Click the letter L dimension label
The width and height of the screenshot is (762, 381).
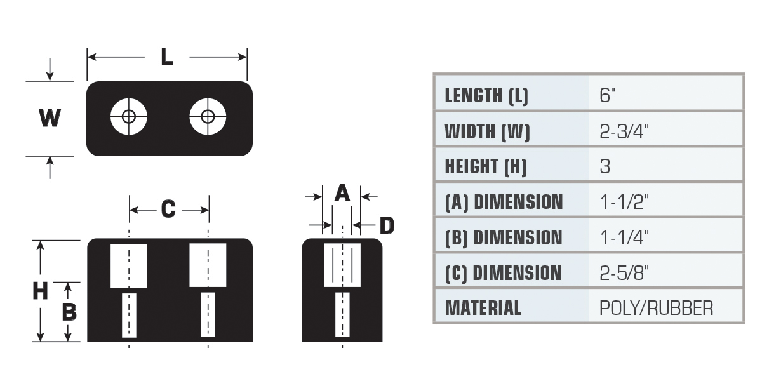coord(167,57)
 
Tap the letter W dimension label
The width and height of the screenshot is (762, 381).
coord(50,117)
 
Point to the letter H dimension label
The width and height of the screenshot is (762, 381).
coord(40,291)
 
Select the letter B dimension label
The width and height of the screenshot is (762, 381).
coord(69,312)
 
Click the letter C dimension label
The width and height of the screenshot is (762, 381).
coord(168,208)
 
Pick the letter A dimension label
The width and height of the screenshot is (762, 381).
coord(342,192)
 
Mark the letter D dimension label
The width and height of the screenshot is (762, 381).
coord(387,225)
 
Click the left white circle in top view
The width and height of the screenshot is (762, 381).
coord(128,117)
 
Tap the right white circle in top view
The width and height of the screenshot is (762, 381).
coord(208,117)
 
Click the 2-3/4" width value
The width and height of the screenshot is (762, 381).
coord(624,131)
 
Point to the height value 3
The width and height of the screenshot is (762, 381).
coord(605,166)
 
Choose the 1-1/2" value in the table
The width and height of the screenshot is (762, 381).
coord(625,202)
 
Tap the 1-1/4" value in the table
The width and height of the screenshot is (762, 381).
coord(625,237)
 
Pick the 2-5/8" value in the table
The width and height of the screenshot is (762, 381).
coord(624,273)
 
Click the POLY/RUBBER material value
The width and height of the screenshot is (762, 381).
coord(656,308)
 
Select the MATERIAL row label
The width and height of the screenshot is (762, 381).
coord(483,308)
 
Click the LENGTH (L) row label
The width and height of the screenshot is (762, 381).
coord(486,96)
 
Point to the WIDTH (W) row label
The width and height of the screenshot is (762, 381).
coord(488,131)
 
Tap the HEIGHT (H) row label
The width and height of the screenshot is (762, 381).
coord(486,167)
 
